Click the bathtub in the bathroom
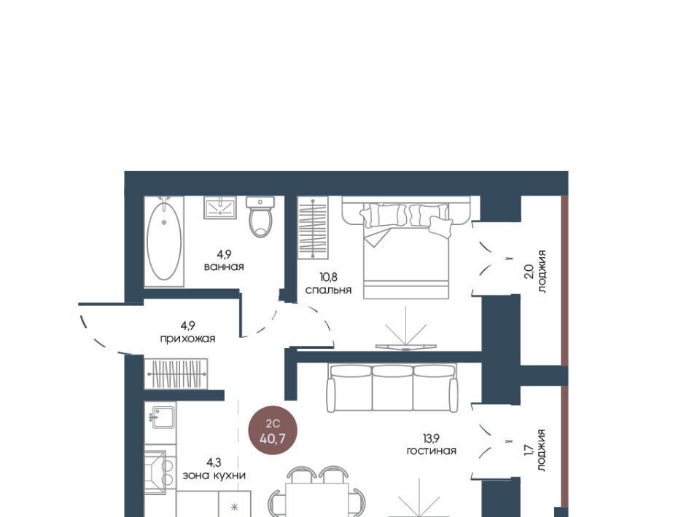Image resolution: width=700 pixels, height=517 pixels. (164, 242)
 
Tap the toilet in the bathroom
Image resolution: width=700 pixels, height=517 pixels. (260, 217)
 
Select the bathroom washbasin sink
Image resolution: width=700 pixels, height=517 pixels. (219, 208)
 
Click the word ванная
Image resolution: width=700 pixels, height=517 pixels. (224, 267)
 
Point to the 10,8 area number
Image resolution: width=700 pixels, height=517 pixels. (328, 277)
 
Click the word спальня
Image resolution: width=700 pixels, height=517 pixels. (329, 290)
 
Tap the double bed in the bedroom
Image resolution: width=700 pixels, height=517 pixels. (406, 248)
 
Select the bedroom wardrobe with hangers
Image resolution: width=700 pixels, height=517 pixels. (313, 227)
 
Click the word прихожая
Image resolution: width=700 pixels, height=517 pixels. (187, 339)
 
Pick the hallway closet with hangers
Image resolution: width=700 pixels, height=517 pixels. (176, 374)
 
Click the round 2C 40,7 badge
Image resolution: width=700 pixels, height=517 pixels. (273, 433)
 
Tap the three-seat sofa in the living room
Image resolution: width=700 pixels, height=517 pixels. (392, 387)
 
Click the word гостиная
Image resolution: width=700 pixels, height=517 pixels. (431, 451)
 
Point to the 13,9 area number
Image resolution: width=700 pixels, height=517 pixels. (432, 438)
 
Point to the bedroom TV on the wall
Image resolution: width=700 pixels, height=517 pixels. (405, 347)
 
